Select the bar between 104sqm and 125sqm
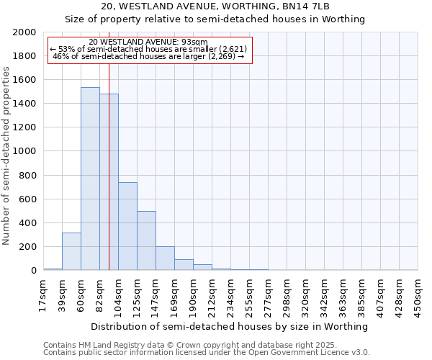[x=127, y=226]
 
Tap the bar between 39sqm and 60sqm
[x=71, y=251]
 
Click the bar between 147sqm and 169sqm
[x=165, y=258]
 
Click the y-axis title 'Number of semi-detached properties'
[x=6, y=156]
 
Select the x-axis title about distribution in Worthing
[x=230, y=326]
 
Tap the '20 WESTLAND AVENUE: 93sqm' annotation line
[x=148, y=42]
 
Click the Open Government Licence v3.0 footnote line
[x=207, y=353]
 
